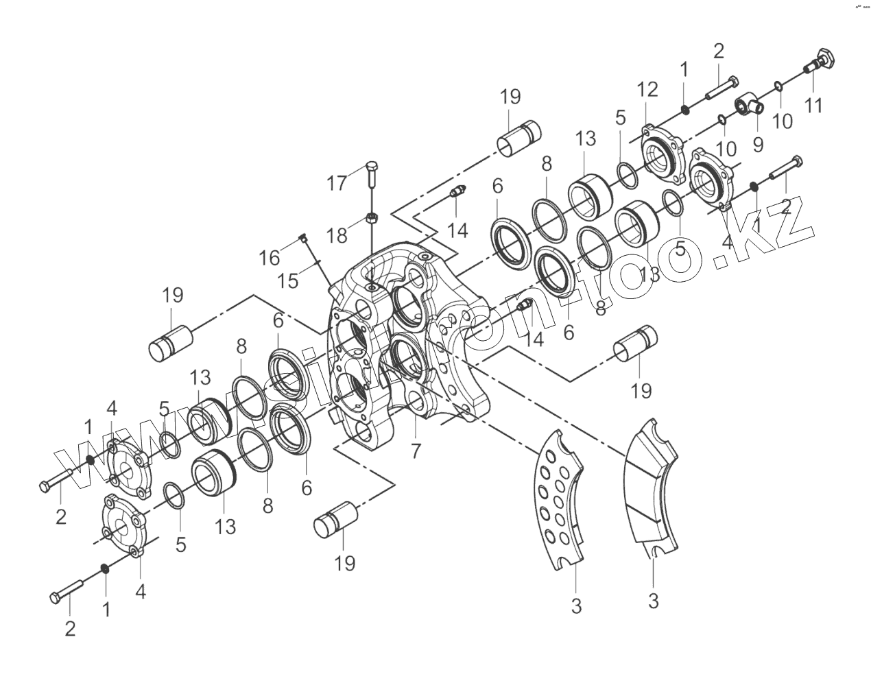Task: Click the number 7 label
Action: coord(416,451)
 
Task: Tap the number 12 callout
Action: coord(647,89)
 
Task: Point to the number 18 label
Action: coord(337,236)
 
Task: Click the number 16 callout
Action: coord(270,258)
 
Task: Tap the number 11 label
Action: coord(813,106)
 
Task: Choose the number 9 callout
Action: coord(758,144)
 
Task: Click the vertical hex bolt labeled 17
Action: coord(371,176)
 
